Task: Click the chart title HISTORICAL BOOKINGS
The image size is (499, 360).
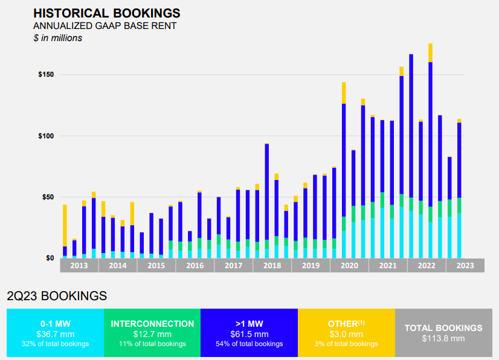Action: coord(106,13)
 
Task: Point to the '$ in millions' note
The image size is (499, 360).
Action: coord(57,37)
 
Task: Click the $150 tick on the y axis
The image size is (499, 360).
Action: coord(46,75)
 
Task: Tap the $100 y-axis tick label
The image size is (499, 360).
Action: coord(46,136)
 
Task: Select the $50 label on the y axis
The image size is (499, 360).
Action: coord(48,198)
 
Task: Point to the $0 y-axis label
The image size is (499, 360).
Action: coord(50,259)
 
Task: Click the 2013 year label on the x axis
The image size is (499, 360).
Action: coord(79,266)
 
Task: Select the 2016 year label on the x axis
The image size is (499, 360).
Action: coord(195,266)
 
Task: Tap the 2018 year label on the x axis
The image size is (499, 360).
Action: coord(272,266)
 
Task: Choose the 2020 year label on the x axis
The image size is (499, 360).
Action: coord(349,266)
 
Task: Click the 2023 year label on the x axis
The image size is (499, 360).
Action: coord(465,266)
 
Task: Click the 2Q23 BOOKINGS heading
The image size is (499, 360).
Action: coord(57,296)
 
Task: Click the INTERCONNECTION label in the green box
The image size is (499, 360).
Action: coord(152,324)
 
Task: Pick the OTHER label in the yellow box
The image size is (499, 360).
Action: coord(344,324)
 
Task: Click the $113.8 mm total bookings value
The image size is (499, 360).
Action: coord(443,338)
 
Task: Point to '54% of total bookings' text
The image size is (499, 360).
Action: coord(249,344)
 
